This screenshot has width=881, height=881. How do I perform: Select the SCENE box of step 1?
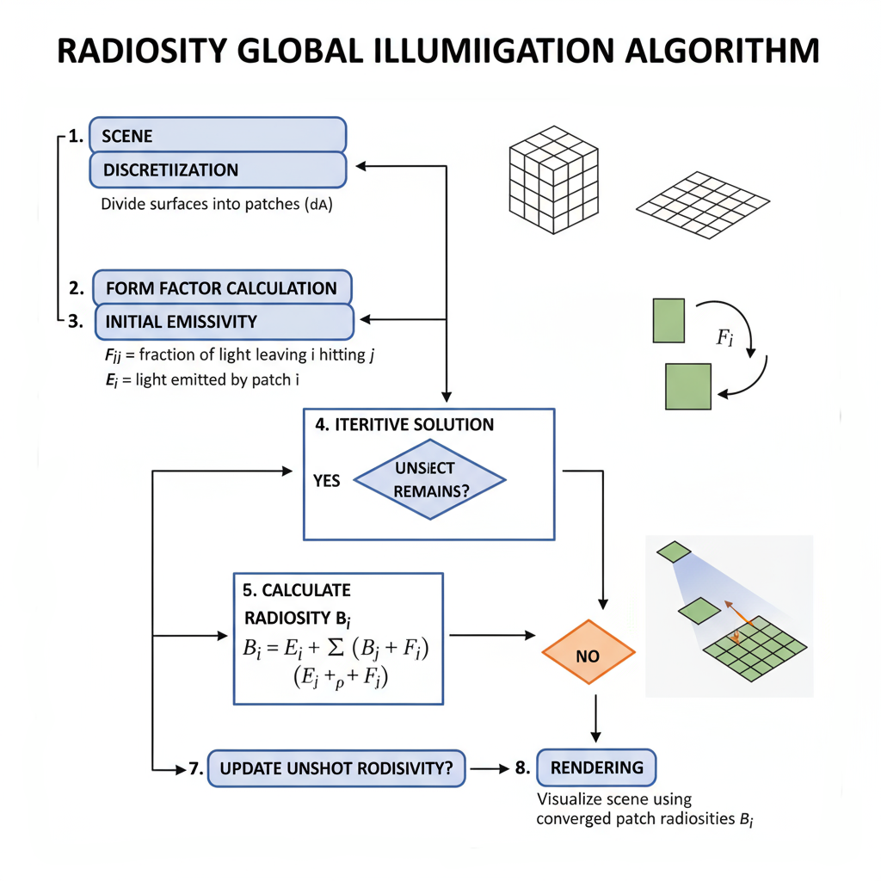pos(218,136)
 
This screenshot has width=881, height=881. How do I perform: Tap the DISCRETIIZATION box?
pos(218,169)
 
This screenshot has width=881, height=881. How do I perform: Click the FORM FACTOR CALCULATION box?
pos(222,287)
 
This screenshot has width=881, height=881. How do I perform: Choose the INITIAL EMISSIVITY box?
pos(224,322)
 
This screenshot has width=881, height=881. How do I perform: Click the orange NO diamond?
pos(588,655)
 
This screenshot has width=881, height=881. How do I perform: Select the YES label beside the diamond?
pos(327,480)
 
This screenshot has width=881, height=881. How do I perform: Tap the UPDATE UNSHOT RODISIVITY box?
pos(336,768)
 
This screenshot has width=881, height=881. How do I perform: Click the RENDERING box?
pos(596,767)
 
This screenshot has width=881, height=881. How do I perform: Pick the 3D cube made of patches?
pos(554,179)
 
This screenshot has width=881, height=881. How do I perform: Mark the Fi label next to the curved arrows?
pos(724,336)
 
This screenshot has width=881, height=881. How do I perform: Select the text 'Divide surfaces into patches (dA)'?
pos(217,206)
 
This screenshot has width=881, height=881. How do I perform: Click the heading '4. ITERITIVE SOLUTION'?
pos(404,424)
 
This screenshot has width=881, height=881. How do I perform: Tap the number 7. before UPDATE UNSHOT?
pos(195,769)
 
